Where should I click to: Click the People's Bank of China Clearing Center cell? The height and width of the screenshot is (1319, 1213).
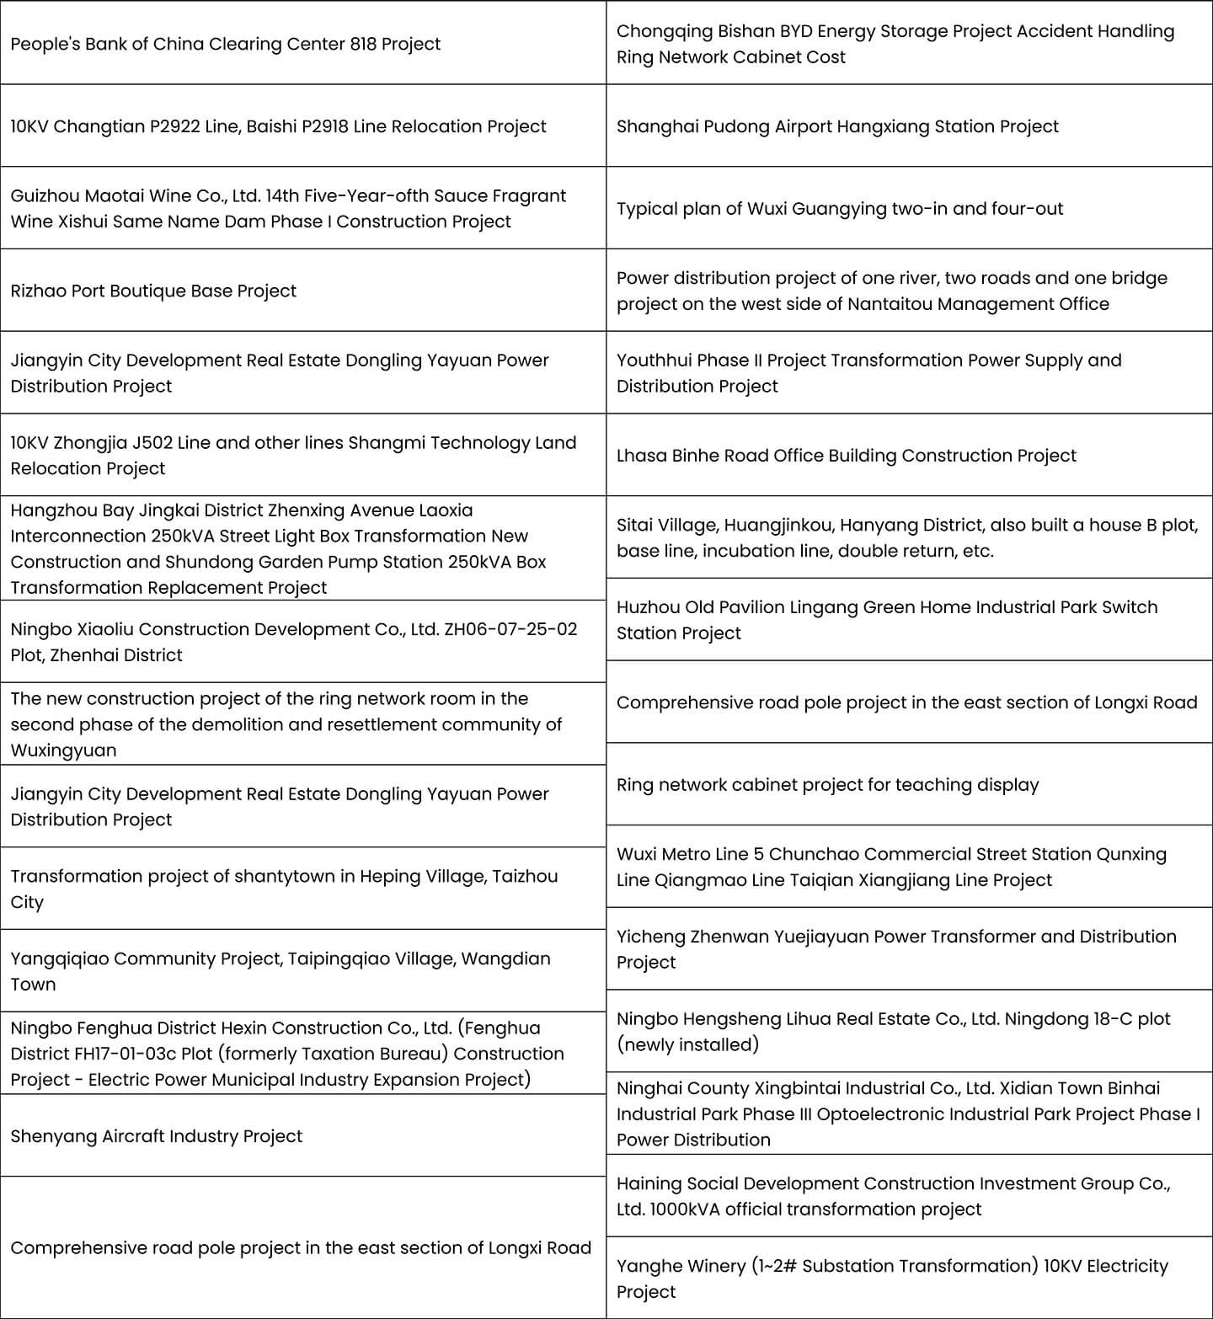[x=225, y=44]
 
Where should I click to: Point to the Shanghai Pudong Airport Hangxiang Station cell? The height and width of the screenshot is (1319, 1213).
[x=837, y=126]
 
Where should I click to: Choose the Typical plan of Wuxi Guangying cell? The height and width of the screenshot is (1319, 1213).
[x=839, y=208]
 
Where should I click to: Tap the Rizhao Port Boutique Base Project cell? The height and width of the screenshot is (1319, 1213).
[x=153, y=291]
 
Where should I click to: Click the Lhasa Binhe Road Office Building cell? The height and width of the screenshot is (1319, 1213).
[x=846, y=456]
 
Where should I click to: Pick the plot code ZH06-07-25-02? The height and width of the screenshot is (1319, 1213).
[x=510, y=629]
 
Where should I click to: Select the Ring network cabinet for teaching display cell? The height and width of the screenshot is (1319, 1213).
[x=827, y=784]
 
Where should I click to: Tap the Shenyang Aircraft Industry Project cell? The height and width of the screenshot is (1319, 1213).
[x=156, y=1135]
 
